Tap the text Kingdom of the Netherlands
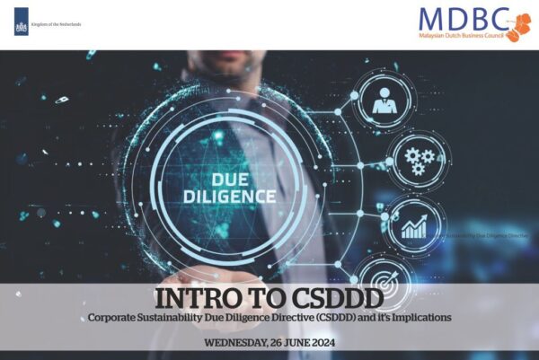click(x=57, y=24)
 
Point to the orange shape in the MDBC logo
click(x=519, y=25)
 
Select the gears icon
click(x=416, y=161)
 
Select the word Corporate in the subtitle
click(x=114, y=318)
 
